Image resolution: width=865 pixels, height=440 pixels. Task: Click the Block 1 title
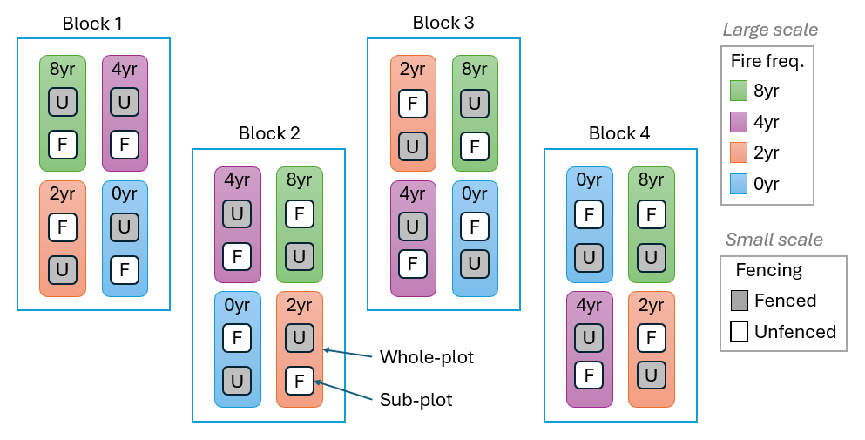pos(92,24)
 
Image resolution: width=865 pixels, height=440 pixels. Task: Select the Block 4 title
pos(618,133)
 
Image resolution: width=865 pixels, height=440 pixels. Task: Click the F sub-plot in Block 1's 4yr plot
pos(125,144)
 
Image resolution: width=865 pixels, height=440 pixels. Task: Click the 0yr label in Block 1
pos(125,193)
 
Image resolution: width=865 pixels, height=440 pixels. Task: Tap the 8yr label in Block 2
pos(300,180)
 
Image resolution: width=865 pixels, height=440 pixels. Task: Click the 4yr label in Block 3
pos(412,193)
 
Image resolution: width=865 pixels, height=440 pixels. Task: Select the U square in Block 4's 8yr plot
pos(650,256)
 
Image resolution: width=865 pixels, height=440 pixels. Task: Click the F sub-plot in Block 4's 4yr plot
pos(588,376)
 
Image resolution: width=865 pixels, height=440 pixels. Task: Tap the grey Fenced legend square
pos(740,301)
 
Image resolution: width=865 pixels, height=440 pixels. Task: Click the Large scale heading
pos(770,30)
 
